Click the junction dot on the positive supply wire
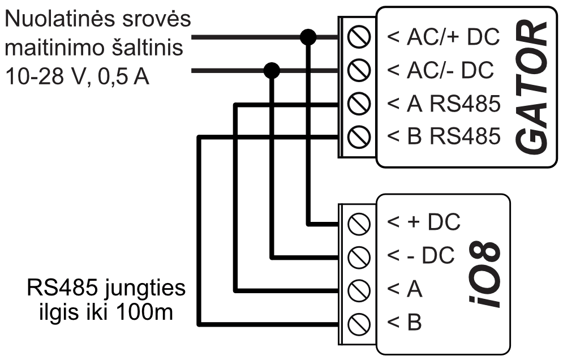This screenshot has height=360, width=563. [308, 38]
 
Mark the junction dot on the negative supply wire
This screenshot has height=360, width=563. [273, 71]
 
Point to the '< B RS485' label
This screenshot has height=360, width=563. [444, 136]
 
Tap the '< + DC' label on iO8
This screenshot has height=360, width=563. [424, 222]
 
